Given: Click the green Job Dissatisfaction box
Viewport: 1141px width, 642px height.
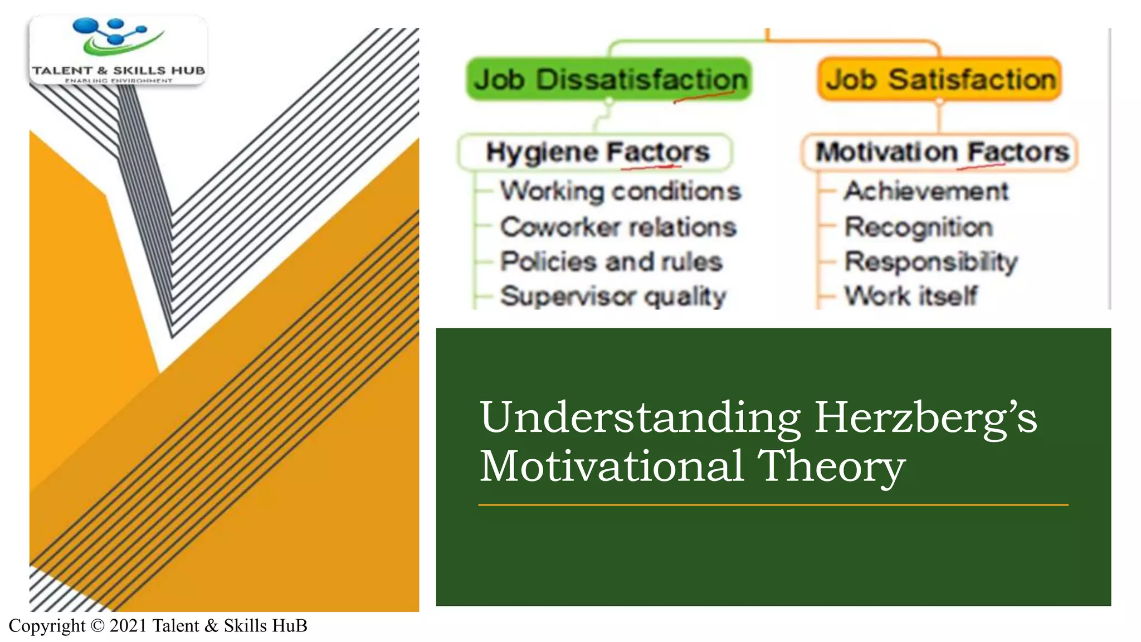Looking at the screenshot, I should [x=609, y=79].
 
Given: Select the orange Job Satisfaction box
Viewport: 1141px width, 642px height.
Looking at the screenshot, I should [x=940, y=79].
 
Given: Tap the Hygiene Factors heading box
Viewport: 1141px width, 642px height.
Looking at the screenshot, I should [x=595, y=152].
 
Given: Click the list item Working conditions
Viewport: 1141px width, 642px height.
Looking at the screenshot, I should [x=620, y=191].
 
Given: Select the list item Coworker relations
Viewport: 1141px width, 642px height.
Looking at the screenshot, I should [x=618, y=227].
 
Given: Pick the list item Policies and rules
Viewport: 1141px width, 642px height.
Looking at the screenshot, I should [x=611, y=261].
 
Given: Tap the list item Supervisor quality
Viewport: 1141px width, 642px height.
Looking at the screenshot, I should [x=613, y=296].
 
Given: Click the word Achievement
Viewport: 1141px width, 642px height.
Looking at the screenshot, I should [x=926, y=191].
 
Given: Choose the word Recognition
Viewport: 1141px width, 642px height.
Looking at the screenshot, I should [x=918, y=227].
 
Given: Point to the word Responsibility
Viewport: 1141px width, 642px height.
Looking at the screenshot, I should [x=930, y=262].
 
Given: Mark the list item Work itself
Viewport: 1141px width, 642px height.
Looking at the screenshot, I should [x=910, y=296].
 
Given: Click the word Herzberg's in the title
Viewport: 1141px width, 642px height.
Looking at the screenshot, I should [x=925, y=418].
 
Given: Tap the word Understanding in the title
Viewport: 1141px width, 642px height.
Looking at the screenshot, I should [x=640, y=418].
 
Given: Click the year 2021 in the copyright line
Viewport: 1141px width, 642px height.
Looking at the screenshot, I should [x=128, y=626].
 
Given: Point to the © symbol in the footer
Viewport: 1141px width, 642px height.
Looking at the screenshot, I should [x=97, y=626].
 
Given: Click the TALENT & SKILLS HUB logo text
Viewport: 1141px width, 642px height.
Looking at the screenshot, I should [x=118, y=71].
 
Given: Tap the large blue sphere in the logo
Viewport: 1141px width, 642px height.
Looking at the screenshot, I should [x=85, y=26].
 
